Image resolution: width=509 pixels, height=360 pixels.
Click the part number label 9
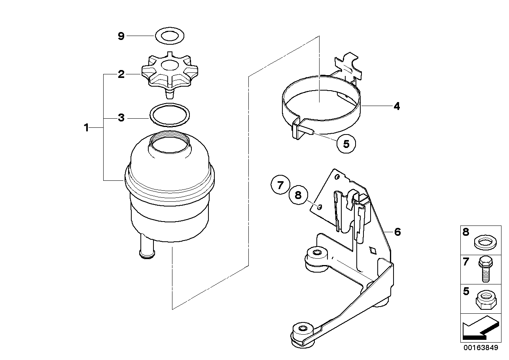[121, 36]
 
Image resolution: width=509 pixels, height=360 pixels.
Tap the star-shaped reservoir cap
[170, 73]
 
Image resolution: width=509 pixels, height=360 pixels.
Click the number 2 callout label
[121, 74]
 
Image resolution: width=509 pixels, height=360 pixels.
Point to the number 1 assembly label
[86, 128]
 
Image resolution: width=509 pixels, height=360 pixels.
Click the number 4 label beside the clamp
[397, 106]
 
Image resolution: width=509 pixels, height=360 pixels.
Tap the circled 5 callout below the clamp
[346, 144]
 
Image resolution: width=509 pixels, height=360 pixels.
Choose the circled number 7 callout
[280, 185]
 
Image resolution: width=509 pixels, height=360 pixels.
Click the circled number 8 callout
[298, 195]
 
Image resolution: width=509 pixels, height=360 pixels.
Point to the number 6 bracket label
[397, 232]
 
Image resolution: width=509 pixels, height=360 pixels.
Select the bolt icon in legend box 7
[486, 270]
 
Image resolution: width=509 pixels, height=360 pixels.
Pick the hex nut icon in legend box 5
[486, 299]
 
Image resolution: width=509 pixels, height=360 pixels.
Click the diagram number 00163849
[481, 348]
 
